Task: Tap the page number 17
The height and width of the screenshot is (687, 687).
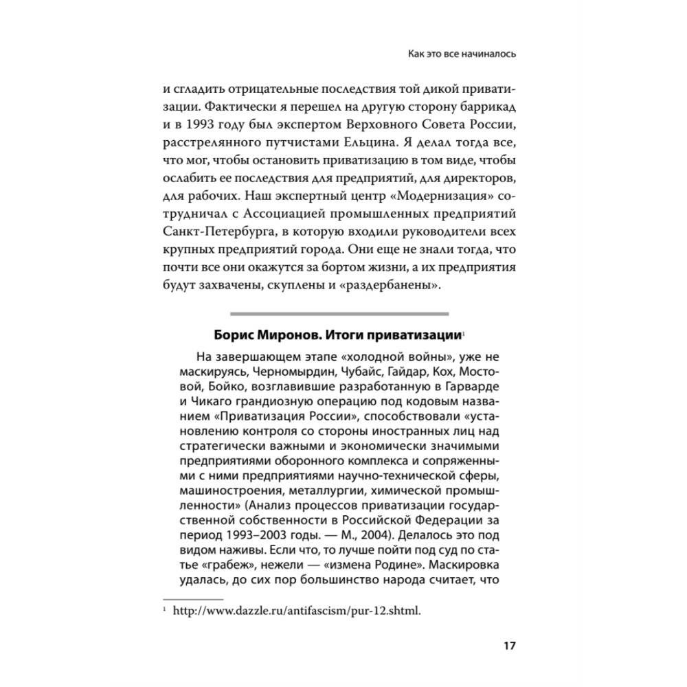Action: [x=509, y=646]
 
